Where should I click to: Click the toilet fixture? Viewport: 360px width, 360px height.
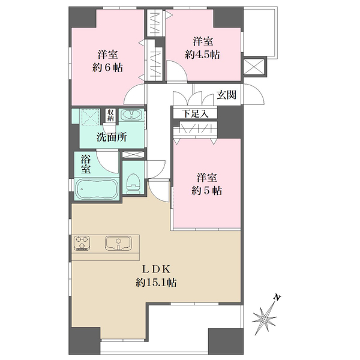point(134,184)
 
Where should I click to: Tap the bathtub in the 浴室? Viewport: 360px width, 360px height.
point(97,189)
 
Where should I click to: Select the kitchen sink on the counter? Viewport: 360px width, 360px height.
point(118,244)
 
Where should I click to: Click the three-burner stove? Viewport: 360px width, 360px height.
point(82,243)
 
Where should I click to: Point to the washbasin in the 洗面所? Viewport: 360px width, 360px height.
point(131,114)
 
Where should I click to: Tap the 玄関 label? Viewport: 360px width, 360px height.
point(227,94)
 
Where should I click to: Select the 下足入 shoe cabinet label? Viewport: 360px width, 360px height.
point(195,113)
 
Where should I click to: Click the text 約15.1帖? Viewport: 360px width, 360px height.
point(156,283)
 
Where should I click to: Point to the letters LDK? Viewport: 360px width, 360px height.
point(157,269)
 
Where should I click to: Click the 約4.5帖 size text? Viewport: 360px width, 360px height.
point(203,55)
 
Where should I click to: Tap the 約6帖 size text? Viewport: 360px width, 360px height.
point(107,68)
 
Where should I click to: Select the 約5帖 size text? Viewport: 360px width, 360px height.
point(206,191)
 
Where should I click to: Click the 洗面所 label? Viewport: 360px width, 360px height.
point(112,137)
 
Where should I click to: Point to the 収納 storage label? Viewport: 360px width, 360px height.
point(110,115)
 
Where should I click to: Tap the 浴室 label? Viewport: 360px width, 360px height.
point(85,164)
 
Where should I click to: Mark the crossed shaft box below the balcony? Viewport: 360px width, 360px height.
point(254,67)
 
